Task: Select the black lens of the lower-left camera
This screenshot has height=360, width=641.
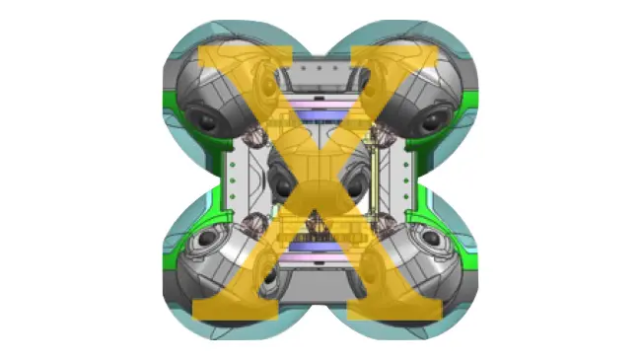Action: tap(208, 238)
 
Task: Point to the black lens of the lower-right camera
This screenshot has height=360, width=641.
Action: tap(432, 238)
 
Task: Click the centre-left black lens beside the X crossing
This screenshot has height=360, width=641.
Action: tap(283, 187)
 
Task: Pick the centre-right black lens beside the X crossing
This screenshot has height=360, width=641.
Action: tap(355, 187)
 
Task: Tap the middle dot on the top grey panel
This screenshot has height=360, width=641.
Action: tap(320, 68)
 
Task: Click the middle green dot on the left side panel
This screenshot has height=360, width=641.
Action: tap(233, 180)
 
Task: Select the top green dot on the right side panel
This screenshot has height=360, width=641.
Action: tap(406, 165)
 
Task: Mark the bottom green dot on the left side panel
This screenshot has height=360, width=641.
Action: tap(233, 196)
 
